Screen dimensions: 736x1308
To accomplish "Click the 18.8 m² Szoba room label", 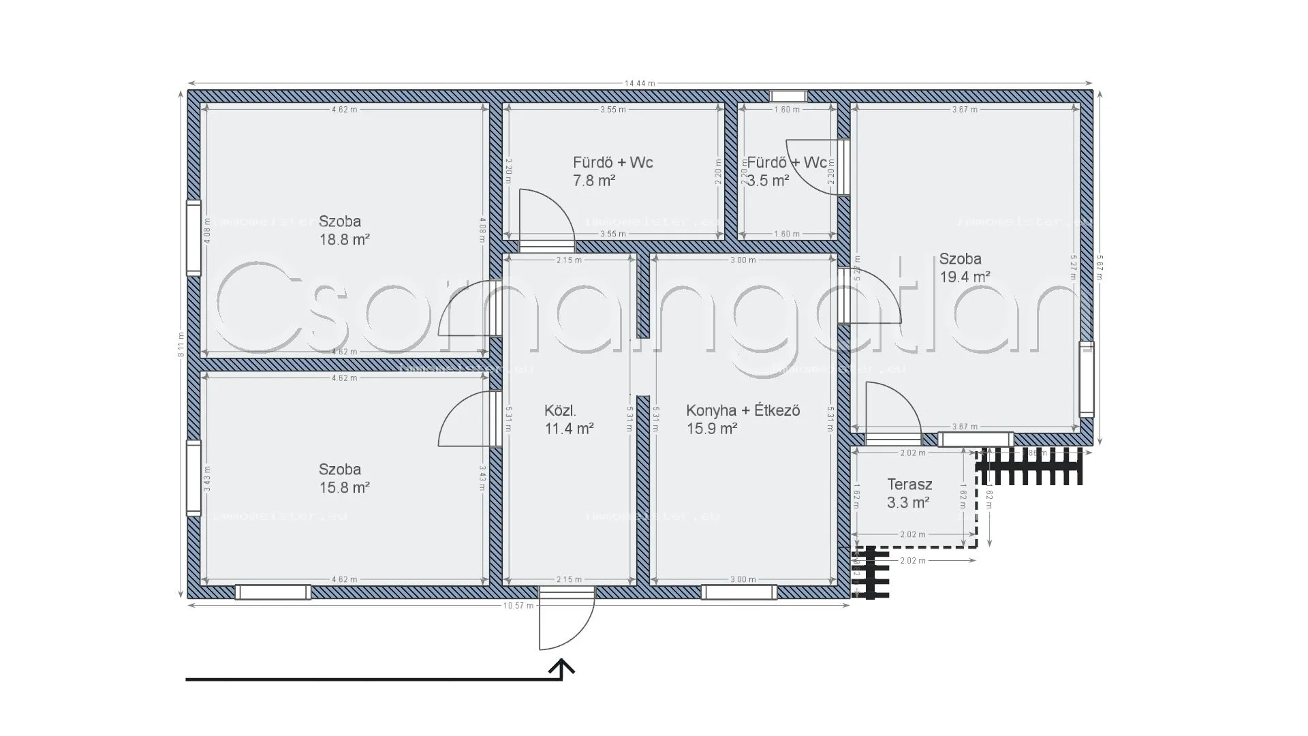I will [x=344, y=230].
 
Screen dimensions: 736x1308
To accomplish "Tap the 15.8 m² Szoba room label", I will [x=344, y=478].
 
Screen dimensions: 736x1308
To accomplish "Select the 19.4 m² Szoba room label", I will [x=964, y=268].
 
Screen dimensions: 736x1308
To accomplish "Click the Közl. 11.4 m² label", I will [x=568, y=420].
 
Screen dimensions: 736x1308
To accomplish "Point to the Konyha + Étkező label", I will [x=743, y=411].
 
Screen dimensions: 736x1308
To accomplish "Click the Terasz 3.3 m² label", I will [x=909, y=494].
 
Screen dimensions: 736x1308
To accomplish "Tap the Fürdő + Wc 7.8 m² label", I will [x=612, y=171].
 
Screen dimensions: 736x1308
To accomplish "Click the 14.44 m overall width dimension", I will [x=639, y=83].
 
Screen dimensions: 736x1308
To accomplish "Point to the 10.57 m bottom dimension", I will [x=520, y=606].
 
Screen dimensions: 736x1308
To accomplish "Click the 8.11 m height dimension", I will [x=181, y=345].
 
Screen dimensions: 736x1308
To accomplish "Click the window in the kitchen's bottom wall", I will [x=738, y=592].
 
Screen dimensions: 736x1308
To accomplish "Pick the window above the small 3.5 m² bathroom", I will [x=788, y=96].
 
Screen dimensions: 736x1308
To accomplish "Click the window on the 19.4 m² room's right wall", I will [x=1087, y=379].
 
